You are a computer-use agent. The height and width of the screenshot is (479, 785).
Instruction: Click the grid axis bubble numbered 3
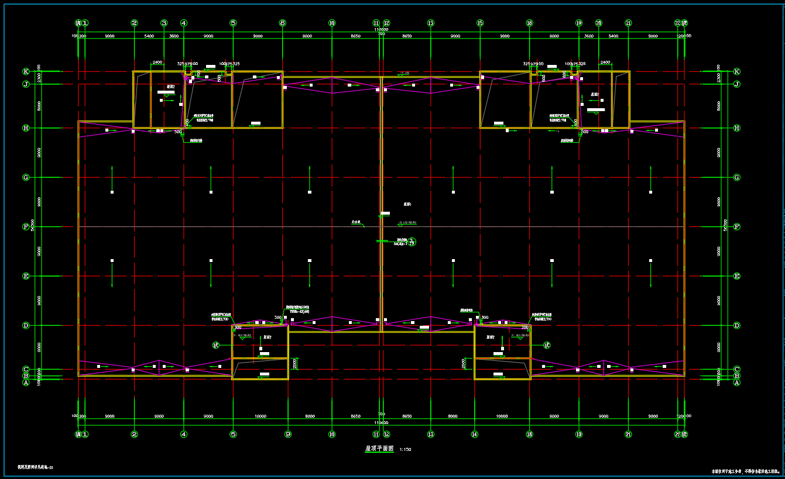click(x=164, y=23)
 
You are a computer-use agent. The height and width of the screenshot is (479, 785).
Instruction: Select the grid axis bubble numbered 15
click(x=480, y=23)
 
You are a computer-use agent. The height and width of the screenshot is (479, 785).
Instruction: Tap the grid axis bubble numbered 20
click(x=598, y=23)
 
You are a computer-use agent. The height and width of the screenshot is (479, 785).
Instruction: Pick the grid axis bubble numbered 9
click(x=288, y=435)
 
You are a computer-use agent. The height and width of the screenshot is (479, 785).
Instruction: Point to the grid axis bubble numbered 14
click(x=475, y=435)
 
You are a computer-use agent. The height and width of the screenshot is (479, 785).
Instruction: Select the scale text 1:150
click(x=405, y=450)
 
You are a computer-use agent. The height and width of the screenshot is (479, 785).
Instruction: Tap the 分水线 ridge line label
click(x=356, y=223)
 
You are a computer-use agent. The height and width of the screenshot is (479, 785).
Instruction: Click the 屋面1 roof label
click(x=407, y=204)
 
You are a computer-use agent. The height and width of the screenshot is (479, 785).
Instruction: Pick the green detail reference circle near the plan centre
click(x=412, y=242)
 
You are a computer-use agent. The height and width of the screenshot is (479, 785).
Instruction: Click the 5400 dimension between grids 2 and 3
click(x=149, y=36)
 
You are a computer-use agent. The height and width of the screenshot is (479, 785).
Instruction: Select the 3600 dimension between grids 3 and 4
click(x=174, y=36)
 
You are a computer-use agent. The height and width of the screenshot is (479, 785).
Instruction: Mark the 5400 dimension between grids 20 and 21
click(x=613, y=36)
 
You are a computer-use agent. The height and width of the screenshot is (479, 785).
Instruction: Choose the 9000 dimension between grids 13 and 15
click(x=455, y=36)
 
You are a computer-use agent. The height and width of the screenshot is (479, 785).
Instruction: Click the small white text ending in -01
click(x=36, y=467)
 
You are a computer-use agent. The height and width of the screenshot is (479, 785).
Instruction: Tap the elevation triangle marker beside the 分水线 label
click(x=364, y=226)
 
